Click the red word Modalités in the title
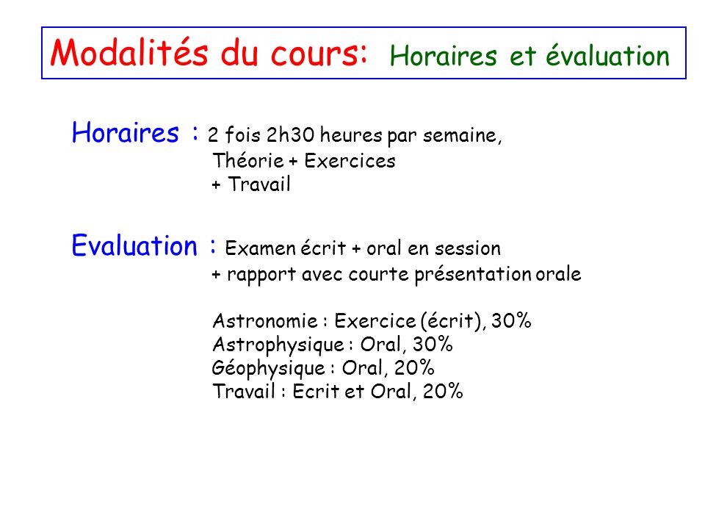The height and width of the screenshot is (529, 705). (x=129, y=53)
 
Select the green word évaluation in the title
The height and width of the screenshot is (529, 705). (x=608, y=56)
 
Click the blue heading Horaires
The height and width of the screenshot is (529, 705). (x=126, y=133)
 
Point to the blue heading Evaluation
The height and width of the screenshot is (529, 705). (x=134, y=246)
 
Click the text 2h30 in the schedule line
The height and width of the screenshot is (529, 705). (x=291, y=134)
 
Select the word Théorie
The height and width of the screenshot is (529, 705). (x=248, y=161)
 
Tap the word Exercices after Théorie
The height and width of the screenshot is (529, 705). (x=350, y=161)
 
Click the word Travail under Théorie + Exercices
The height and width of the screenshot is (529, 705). (x=259, y=184)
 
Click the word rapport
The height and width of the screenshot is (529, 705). (x=261, y=275)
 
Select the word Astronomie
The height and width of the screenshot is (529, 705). (x=265, y=321)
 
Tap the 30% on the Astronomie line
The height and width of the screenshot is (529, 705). (x=511, y=321)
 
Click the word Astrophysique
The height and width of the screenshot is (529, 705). (x=278, y=345)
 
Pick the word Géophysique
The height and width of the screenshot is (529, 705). (x=269, y=368)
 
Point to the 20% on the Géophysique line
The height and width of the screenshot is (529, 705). (x=414, y=368)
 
